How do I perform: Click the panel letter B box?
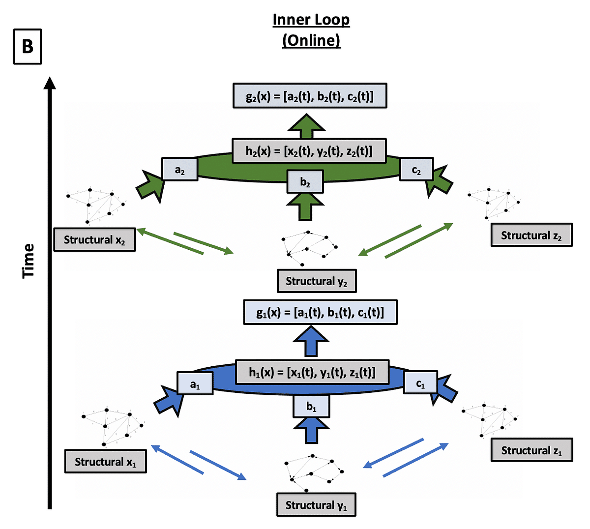(x=28, y=47)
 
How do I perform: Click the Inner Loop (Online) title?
(x=311, y=30)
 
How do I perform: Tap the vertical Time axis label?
(x=29, y=261)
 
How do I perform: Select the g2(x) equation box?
(x=310, y=96)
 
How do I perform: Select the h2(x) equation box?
(x=309, y=150)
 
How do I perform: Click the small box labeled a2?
(x=180, y=170)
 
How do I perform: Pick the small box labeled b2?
(x=305, y=182)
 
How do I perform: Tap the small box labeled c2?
(x=416, y=170)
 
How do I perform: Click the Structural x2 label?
(x=94, y=240)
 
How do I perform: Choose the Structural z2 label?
(x=531, y=235)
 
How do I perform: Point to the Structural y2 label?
(x=317, y=281)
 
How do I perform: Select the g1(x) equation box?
(x=320, y=312)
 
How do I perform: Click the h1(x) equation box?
(x=312, y=372)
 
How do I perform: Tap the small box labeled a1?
(x=195, y=383)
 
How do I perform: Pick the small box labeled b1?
(x=311, y=406)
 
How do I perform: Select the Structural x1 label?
(x=105, y=462)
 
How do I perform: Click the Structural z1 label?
(x=531, y=450)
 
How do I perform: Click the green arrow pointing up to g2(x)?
(x=307, y=127)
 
